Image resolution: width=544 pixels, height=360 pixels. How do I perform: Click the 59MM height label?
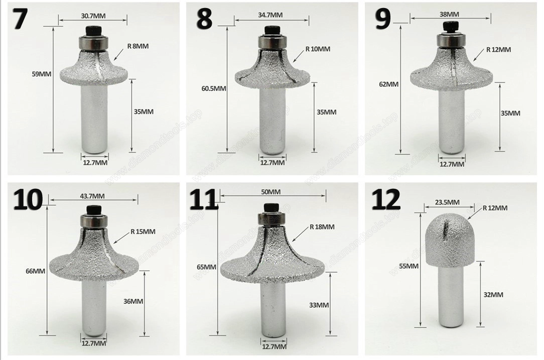pyautogui.click(x=41, y=73)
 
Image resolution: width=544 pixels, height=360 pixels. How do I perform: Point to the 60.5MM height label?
pyautogui.click(x=214, y=88)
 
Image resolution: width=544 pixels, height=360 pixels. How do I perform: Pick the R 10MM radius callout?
pyautogui.click(x=318, y=49)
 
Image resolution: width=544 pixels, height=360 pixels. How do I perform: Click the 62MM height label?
pyautogui.click(x=389, y=84)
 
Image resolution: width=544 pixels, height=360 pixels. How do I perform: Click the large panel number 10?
pyautogui.click(x=28, y=200)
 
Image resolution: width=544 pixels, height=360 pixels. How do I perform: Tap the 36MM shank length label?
pyautogui.click(x=133, y=301)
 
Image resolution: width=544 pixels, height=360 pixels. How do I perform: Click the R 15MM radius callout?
pyautogui.click(x=143, y=231)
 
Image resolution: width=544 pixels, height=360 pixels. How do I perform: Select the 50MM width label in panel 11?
pyautogui.click(x=271, y=192)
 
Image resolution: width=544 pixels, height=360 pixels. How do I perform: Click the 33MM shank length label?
pyautogui.click(x=319, y=305)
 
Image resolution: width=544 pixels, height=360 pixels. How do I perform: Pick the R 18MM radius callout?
pyautogui.click(x=322, y=227)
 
